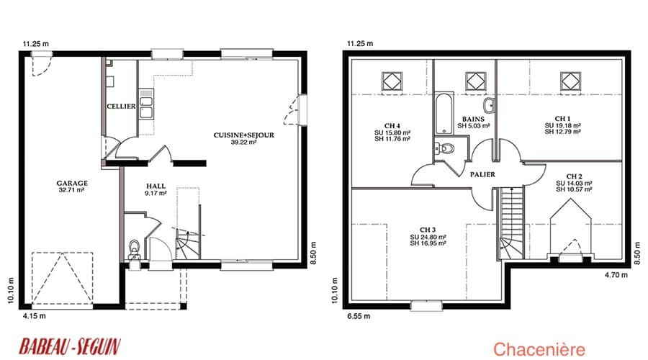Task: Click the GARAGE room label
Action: pyautogui.click(x=72, y=183)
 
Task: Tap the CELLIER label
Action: pyautogui.click(x=121, y=107)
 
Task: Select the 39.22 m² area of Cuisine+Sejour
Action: pyautogui.click(x=244, y=142)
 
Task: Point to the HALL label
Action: pyautogui.click(x=156, y=186)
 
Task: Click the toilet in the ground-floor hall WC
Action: pyautogui.click(x=135, y=247)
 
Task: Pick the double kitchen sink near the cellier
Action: pyautogui.click(x=146, y=107)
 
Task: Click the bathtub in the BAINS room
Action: pyautogui.click(x=444, y=113)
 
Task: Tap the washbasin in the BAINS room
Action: pyautogui.click(x=490, y=105)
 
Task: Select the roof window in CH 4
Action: pyautogui.click(x=392, y=81)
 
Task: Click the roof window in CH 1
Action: pyautogui.click(x=570, y=81)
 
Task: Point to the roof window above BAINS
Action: pyautogui.click(x=476, y=81)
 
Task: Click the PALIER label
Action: pyautogui.click(x=482, y=174)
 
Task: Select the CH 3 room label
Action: pyautogui.click(x=428, y=230)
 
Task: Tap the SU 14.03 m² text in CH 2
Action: pyautogui.click(x=574, y=183)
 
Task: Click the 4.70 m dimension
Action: pyautogui.click(x=616, y=274)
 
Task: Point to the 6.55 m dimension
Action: pyautogui.click(x=359, y=316)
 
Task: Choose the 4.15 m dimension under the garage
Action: pyautogui.click(x=35, y=316)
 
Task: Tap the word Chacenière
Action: pyautogui.click(x=539, y=349)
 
